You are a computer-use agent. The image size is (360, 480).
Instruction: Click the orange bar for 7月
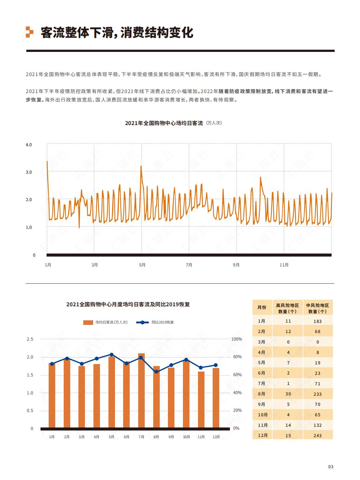coord(141,391)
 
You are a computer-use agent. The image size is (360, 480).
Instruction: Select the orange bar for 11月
coord(201,400)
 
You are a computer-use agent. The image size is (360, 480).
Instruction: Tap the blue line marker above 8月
coord(156,372)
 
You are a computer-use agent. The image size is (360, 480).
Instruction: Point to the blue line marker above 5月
coord(112,355)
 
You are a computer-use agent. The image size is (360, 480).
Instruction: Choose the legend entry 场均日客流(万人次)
coord(105,322)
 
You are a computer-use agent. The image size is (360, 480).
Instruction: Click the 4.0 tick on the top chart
coord(29,145)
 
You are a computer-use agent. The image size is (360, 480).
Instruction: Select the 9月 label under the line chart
coord(236,265)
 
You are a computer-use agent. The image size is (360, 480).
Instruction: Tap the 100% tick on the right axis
coord(237,339)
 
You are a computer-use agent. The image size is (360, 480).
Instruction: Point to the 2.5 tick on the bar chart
coord(30,339)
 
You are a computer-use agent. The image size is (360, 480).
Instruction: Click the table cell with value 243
coord(318,436)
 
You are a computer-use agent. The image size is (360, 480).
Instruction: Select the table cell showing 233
coord(318,394)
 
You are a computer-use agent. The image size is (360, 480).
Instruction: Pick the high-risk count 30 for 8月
coord(288,394)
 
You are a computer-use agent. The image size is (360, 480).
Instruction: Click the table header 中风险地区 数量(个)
coord(318,308)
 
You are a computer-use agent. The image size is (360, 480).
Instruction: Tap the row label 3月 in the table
coord(261,342)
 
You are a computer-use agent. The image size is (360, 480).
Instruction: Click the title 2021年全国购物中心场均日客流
coord(164,123)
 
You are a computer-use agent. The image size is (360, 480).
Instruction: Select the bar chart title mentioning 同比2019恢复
coord(128,304)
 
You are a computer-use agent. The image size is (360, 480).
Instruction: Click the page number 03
coord(331,467)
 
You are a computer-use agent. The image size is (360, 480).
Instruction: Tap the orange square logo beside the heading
coord(30,32)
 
